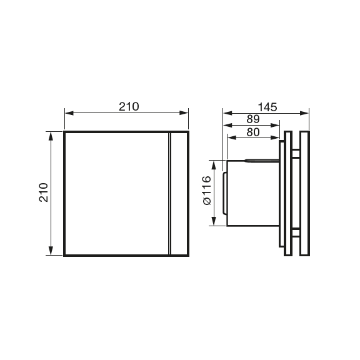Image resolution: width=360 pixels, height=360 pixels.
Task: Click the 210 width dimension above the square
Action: (129, 106)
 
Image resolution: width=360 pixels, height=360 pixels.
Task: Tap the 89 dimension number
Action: (253, 119)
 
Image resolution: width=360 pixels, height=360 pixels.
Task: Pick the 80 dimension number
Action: (253, 131)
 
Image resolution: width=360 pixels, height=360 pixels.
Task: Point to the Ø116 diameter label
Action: (207, 192)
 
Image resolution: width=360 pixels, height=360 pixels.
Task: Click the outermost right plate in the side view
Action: (305, 193)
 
